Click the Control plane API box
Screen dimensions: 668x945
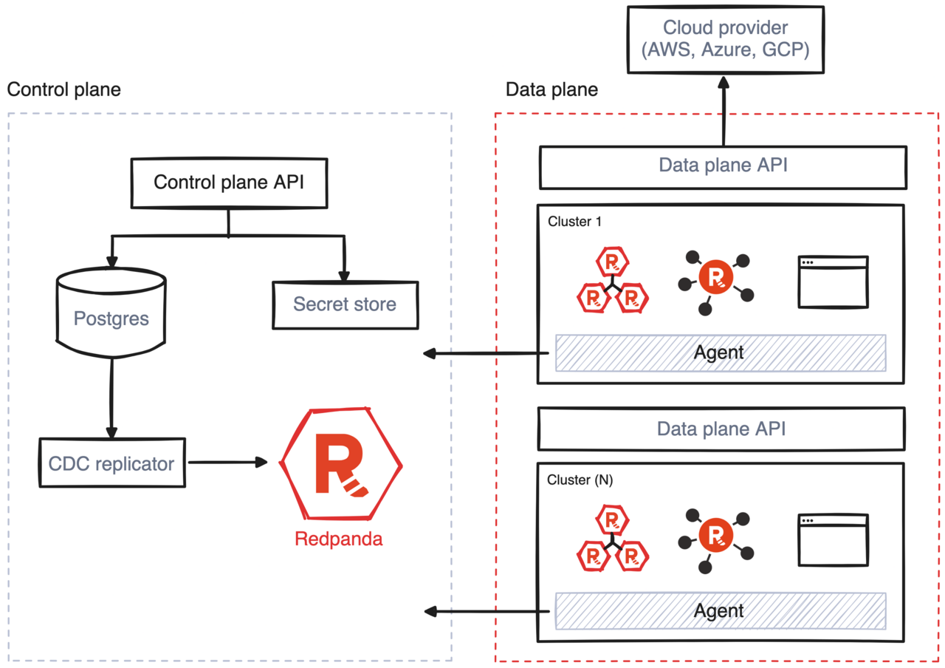coord(228,183)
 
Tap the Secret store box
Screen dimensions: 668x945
coord(344,304)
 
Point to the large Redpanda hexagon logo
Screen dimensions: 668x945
coord(341,464)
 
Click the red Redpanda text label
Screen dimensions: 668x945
coord(339,539)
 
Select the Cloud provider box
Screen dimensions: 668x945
coord(726,39)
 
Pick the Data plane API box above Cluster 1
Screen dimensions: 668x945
coord(722,166)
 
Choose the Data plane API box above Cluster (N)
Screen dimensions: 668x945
coord(722,429)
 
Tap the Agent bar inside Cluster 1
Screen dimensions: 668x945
coord(720,352)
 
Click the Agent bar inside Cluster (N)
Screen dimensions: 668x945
coord(720,610)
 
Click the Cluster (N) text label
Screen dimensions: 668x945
coord(580,480)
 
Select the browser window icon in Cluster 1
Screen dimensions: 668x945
coord(833,282)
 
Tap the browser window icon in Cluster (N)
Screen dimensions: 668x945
coord(833,540)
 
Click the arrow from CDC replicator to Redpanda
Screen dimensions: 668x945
coord(227,463)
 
